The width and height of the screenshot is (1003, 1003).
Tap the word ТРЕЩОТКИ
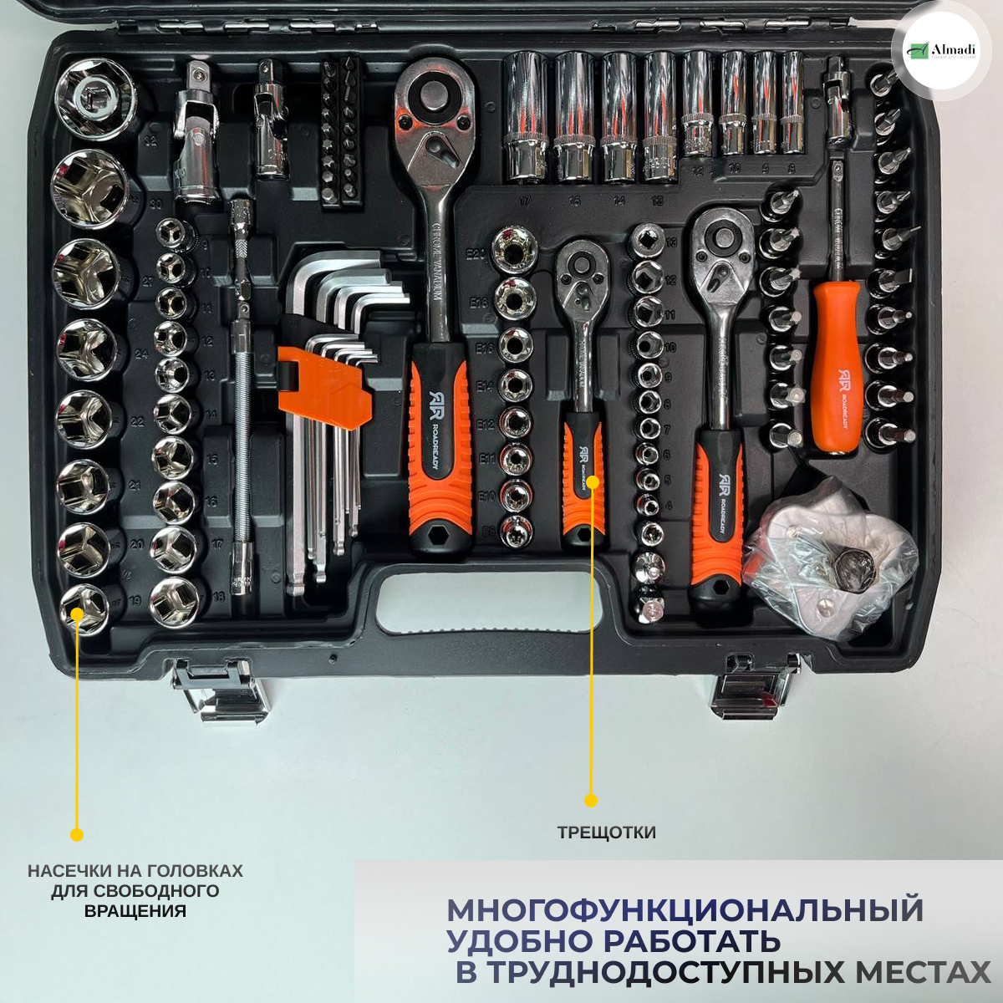pos(606,832)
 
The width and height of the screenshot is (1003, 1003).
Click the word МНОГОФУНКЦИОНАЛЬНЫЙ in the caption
pos(685,909)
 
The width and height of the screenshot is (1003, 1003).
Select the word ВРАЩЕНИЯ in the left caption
pos(135,911)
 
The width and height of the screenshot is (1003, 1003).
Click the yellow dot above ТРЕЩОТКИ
pos(591,801)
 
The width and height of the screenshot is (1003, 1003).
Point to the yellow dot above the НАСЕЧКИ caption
pos(76,834)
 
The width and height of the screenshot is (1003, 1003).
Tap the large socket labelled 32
pos(95,99)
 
